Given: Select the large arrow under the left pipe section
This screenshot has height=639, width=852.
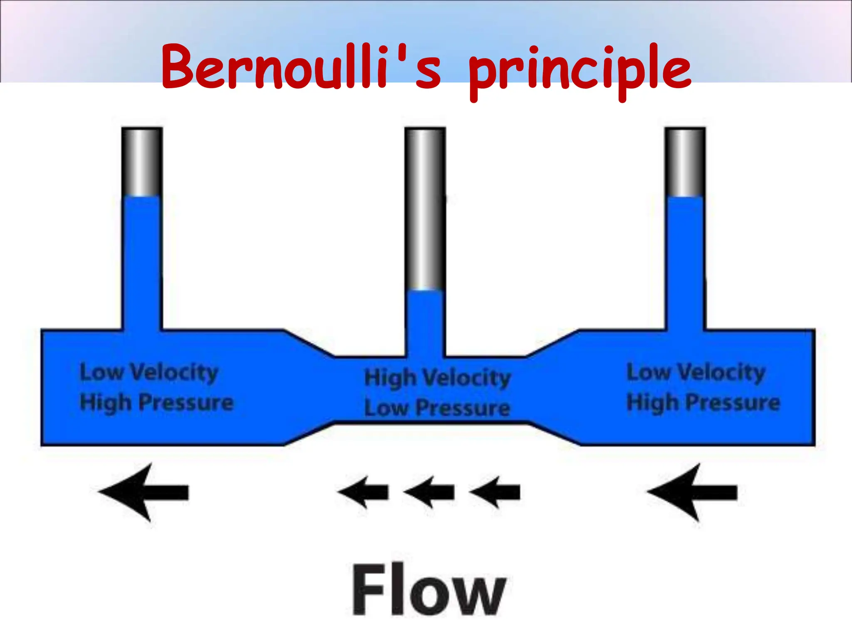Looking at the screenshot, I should (144, 492).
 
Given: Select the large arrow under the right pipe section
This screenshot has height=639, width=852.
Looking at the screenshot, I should (692, 492).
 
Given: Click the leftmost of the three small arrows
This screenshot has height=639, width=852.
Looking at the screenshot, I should (363, 492).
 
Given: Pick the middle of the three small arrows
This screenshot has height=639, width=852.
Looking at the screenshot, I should (429, 492).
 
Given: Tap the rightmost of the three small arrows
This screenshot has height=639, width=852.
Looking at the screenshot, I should (495, 492).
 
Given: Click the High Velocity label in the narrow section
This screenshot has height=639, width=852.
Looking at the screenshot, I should (437, 378).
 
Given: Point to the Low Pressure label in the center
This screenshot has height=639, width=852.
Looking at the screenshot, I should (437, 408).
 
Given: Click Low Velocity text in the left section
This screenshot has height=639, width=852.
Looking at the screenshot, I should (149, 372).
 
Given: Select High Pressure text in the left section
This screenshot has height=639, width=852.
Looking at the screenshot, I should (156, 402).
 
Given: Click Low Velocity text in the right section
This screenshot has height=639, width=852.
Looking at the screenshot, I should (696, 372).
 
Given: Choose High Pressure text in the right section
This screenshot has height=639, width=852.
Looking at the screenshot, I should (703, 402).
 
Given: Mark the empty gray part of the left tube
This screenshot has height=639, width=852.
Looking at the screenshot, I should (142, 162).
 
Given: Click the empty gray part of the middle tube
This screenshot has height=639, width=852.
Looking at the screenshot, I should (425, 208).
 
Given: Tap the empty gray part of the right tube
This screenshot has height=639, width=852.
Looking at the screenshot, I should (685, 162).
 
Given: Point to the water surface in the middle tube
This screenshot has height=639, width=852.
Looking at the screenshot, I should (425, 290).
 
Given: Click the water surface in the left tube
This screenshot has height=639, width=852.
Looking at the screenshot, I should (142, 196).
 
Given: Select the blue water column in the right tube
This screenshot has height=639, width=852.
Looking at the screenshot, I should (685, 262).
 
